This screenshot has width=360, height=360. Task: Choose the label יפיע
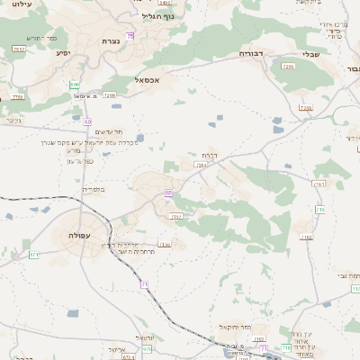coord(63,53)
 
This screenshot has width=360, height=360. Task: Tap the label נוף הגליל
coord(157,15)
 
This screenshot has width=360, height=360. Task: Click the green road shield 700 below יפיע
coord(74,85)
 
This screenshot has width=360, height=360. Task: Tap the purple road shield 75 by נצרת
coord(130,36)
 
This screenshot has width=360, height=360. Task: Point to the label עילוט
coord(22,5)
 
